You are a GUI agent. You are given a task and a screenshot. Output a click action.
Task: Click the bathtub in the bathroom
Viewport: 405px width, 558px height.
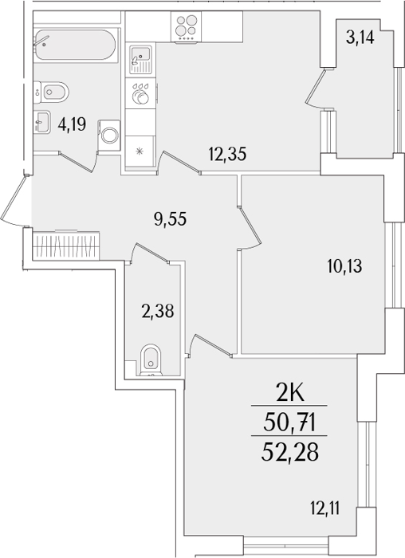coord(76,45)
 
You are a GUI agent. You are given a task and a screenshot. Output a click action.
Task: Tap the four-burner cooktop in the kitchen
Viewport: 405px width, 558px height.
coord(186,26)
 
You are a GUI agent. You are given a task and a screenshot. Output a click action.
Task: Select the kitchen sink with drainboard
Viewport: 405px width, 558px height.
coord(140,60)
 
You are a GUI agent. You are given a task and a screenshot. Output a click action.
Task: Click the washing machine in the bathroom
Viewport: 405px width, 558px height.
coord(109,135)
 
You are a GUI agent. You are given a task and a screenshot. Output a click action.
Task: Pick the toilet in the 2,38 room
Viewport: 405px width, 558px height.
coord(151,360)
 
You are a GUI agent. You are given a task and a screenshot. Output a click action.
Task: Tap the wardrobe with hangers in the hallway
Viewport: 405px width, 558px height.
coord(66,246)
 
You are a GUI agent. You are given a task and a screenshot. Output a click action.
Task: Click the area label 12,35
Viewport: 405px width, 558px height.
coord(227,155)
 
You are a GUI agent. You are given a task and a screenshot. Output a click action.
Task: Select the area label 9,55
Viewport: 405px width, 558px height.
coord(170,218)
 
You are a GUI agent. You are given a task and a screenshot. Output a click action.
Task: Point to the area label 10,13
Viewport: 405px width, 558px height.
coord(344,265)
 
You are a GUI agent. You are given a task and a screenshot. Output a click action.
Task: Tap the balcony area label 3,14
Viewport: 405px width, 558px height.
coord(360,37)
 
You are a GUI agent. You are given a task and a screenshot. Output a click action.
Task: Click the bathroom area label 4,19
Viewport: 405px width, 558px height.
coord(72,124)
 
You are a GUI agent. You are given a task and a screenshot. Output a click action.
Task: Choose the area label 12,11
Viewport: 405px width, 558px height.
coord(324,509)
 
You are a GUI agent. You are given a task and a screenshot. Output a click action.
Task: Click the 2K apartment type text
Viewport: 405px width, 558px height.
coord(290,394)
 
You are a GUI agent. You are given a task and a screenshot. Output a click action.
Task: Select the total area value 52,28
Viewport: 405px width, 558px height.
coord(289,453)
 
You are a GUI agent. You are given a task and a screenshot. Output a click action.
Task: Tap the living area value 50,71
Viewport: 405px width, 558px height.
coord(289,423)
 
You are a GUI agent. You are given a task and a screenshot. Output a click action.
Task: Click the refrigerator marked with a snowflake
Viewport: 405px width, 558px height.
coord(140,151)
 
